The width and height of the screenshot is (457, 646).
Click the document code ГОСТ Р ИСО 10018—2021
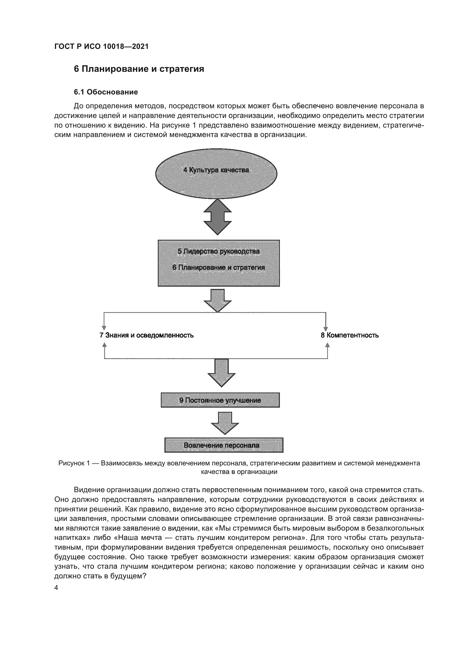click(x=101, y=46)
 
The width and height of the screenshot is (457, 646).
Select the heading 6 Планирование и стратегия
click(x=139, y=69)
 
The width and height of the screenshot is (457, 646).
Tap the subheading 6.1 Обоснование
click(x=106, y=92)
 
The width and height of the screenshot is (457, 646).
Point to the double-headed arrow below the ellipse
click(x=217, y=217)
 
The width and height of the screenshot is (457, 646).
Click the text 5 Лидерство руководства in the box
click(x=218, y=251)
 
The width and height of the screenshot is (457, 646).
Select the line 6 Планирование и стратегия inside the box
click(x=218, y=267)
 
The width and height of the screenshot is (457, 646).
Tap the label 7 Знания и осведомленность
click(x=146, y=335)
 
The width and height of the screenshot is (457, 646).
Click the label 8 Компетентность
click(x=350, y=335)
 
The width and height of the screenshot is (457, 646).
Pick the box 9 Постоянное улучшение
click(x=220, y=400)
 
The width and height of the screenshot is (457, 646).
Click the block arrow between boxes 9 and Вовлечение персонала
click(x=225, y=423)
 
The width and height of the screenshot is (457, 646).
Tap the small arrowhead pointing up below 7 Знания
click(x=104, y=345)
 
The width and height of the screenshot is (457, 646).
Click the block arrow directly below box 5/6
click(x=217, y=300)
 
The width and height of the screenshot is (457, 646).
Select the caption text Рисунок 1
click(x=74, y=463)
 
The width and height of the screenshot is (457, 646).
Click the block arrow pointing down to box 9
click(x=222, y=372)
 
